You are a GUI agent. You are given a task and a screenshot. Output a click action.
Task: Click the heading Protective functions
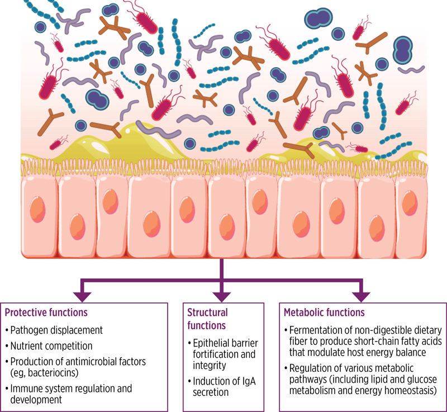(x=46, y=312)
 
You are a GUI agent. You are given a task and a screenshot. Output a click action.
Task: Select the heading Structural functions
(x=208, y=318)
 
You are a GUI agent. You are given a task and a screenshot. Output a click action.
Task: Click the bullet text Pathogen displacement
(x=53, y=331)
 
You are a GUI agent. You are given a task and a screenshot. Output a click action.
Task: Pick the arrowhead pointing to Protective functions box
(x=84, y=294)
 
